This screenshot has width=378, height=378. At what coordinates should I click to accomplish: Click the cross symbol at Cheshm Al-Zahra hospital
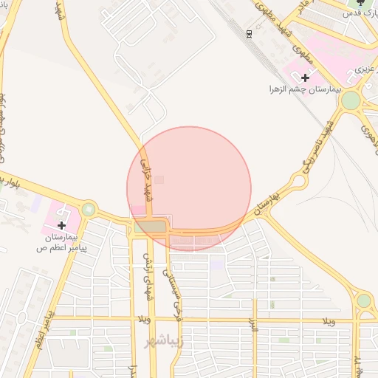pos(305,77)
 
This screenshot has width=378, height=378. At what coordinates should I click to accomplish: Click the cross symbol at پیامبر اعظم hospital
pos(61,224)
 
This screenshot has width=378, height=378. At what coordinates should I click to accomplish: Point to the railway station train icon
pos(249,33)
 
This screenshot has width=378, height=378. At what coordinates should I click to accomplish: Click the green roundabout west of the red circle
pos(89,210)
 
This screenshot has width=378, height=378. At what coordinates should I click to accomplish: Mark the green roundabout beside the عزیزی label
pos(351,100)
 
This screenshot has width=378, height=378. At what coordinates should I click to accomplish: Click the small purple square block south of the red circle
pos(216,262)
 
